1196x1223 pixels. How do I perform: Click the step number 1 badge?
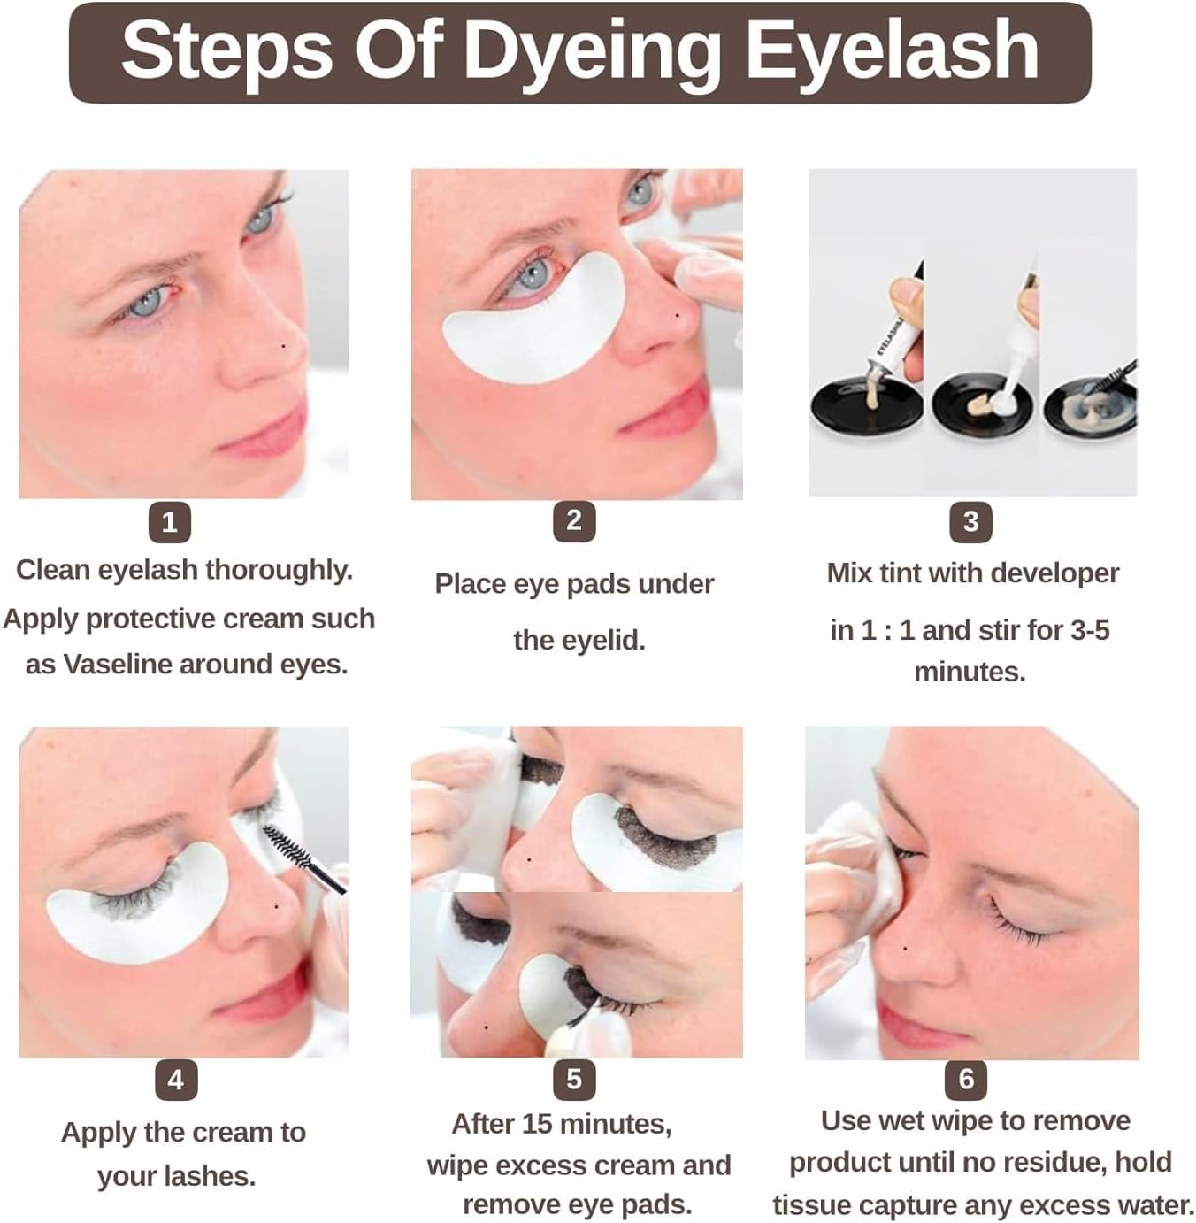pyautogui.click(x=169, y=521)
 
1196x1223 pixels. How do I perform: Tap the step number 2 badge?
pyautogui.click(x=573, y=520)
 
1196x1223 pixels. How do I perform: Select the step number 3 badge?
pyautogui.click(x=970, y=522)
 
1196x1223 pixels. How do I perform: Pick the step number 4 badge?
pyautogui.click(x=175, y=1080)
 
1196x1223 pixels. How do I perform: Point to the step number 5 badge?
pyautogui.click(x=573, y=1079)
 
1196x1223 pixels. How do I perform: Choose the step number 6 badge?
pyautogui.click(x=966, y=1079)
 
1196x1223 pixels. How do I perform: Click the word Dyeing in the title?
pyautogui.click(x=592, y=50)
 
